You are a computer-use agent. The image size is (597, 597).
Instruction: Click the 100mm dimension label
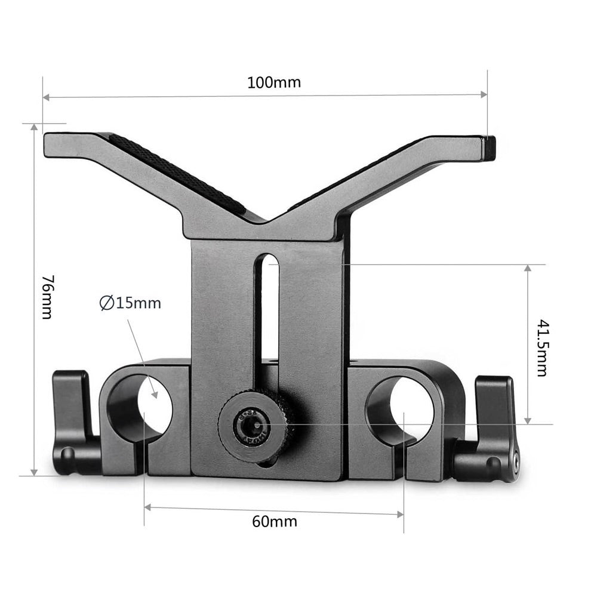pos(274,82)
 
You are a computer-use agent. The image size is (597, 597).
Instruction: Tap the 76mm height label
pos(48,297)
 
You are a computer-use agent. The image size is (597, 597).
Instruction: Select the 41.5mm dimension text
pos(542,347)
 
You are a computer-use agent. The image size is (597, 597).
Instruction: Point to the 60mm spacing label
pos(275,521)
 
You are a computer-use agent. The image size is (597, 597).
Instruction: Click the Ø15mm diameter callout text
pos(130,303)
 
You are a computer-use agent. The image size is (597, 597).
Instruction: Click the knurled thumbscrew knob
pos(256,424)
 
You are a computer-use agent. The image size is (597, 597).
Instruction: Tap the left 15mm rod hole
pos(140,405)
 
